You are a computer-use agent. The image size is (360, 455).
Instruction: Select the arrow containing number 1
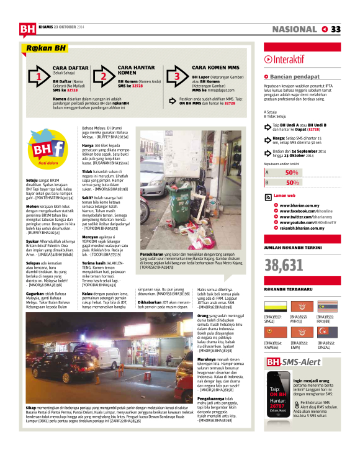coord(38,77)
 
